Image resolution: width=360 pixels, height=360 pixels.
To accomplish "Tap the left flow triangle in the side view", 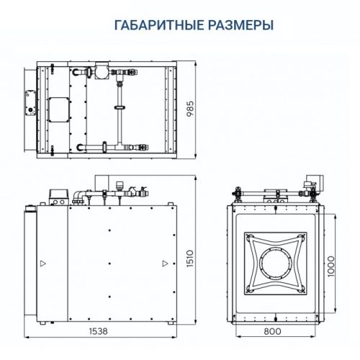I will pyautogui.click(x=42, y=262).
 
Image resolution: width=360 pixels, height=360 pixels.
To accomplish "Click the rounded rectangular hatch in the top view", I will pyautogui.click(x=58, y=109).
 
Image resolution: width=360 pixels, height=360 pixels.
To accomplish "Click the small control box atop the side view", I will pyautogui.click(x=55, y=194).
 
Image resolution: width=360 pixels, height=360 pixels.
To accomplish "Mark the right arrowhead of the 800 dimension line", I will pyautogui.click(x=320, y=336).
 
